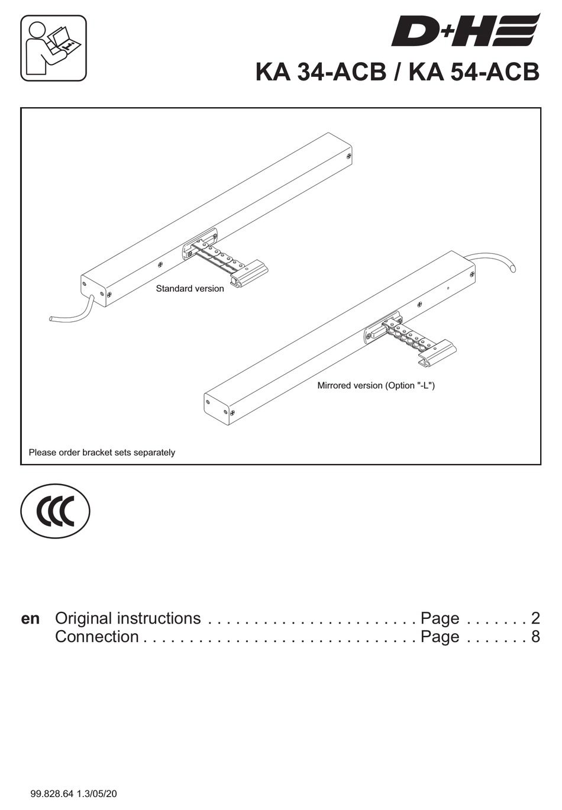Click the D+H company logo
point(465,31)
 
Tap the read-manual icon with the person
point(53,48)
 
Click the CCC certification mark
point(55,512)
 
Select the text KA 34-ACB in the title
point(320,72)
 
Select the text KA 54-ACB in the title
point(474,72)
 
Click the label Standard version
point(190,289)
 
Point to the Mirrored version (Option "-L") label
point(376,386)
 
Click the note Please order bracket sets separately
point(102,453)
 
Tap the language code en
point(30,619)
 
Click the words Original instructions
point(128,618)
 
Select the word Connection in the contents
point(97,637)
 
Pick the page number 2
point(535,618)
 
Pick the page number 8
point(535,637)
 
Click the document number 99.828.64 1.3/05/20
point(73,793)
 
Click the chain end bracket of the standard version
point(248,274)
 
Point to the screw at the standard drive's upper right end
point(349,156)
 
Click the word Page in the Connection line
point(440,637)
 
